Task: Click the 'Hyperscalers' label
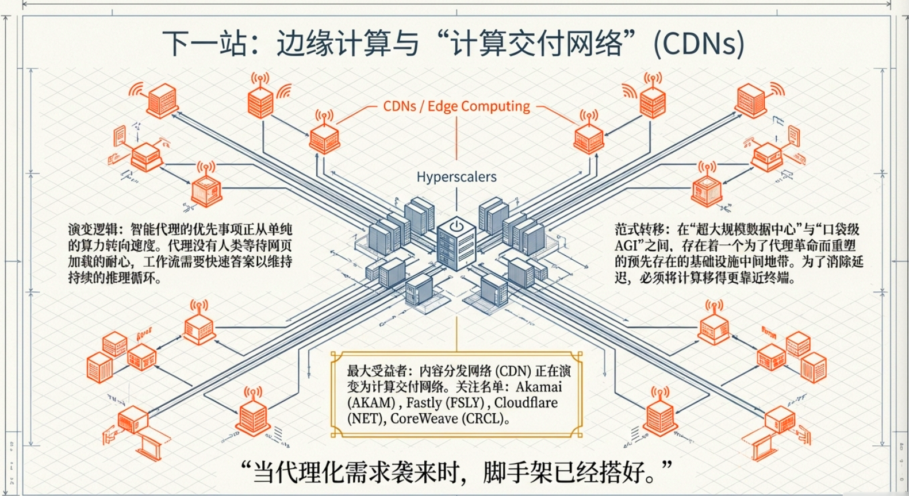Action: (457, 177)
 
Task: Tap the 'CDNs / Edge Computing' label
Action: (457, 106)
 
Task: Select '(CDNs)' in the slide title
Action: (699, 44)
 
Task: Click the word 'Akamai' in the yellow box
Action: (539, 387)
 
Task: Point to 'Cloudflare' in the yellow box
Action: (526, 403)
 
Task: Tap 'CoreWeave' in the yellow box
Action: (424, 419)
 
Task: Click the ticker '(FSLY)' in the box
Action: (462, 403)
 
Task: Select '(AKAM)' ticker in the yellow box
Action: (371, 403)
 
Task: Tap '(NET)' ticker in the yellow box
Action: (366, 419)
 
